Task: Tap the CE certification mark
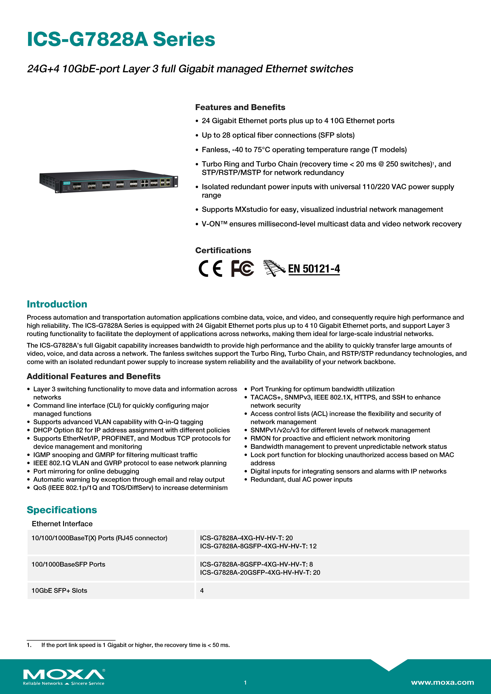click(210, 268)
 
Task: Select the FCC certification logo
click(242, 268)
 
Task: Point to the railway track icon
click(274, 268)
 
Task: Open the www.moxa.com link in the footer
click(442, 682)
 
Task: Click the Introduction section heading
click(57, 304)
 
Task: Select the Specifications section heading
click(62, 510)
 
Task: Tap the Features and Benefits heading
click(240, 107)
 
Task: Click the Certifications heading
click(223, 250)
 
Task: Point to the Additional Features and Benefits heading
click(93, 376)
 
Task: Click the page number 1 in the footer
click(245, 682)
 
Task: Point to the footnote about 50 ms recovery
click(135, 645)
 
